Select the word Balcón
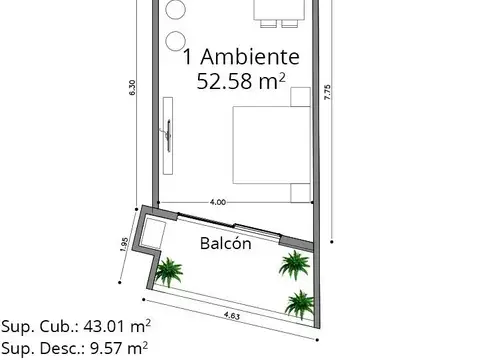225,244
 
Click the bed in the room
265,142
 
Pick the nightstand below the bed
300,189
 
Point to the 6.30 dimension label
132,89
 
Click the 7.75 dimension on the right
328,91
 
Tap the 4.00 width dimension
218,202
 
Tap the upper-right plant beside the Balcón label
293,263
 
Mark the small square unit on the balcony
154,234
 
